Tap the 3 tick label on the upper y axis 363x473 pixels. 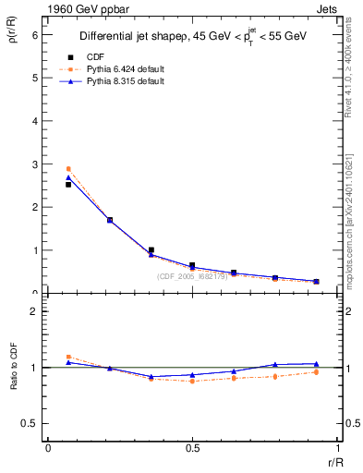35,164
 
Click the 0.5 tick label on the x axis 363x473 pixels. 191,448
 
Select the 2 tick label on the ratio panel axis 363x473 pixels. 35,311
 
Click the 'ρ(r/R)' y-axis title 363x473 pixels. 13,37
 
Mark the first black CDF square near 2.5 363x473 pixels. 67,185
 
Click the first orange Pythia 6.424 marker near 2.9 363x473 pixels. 67,169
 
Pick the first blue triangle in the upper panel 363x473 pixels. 67,177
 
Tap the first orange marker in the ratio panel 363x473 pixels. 67,357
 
